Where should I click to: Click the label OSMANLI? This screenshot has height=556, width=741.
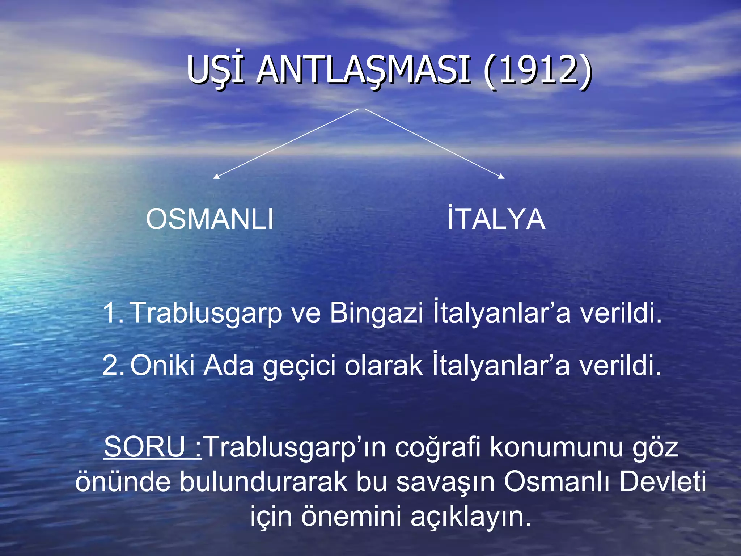[209, 219]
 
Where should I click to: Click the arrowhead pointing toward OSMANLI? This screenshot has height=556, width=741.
[216, 176]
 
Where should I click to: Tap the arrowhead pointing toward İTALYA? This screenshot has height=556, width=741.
[501, 176]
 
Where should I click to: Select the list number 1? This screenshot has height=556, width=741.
[113, 313]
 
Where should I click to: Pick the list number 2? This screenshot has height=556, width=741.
[113, 366]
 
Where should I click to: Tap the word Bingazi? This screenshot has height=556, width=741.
[376, 313]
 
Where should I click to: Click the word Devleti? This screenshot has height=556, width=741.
[662, 482]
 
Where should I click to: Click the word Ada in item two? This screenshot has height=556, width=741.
[229, 365]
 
